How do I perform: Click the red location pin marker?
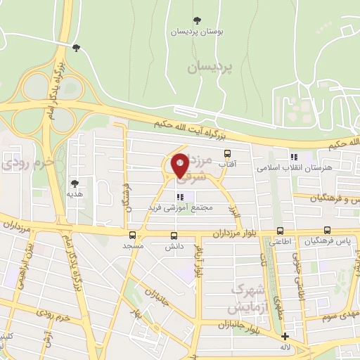[x=179, y=165]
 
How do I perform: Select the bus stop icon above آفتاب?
[x=226, y=153]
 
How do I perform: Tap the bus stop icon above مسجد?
[x=134, y=236]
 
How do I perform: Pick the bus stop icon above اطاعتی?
[x=281, y=231]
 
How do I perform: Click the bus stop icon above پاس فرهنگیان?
[x=328, y=231]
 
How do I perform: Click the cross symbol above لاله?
[x=285, y=336]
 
